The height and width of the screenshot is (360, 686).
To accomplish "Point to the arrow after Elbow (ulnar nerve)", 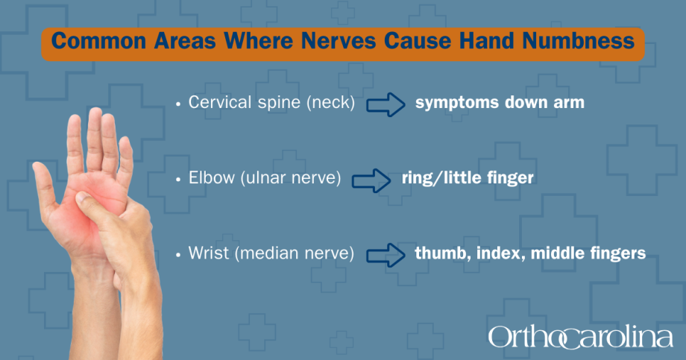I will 371,180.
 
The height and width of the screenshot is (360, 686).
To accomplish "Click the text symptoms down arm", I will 500,104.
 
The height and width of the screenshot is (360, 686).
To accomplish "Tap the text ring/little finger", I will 467,180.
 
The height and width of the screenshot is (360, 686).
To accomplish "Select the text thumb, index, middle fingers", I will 529,254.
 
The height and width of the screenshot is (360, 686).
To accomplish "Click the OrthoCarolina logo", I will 580,337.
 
